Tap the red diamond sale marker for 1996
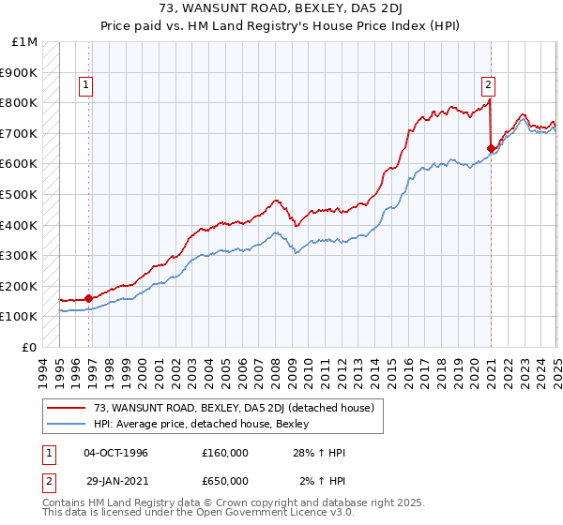pyautogui.click(x=88, y=299)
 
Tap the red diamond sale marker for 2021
pyautogui.click(x=491, y=148)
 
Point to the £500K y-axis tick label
pyautogui.click(x=19, y=194)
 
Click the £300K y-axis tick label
pyautogui.click(x=19, y=255)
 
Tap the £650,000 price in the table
pyautogui.click(x=225, y=481)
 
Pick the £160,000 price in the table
pyautogui.click(x=225, y=453)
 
